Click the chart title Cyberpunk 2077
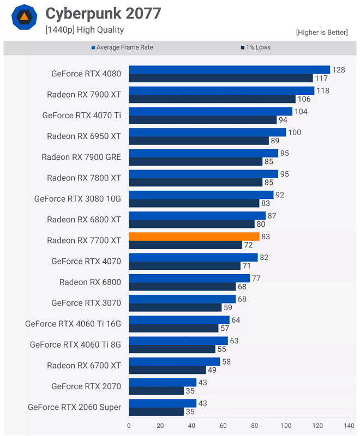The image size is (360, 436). (103, 14)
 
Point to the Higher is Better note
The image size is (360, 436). (321, 33)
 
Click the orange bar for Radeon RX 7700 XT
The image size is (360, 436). (194, 237)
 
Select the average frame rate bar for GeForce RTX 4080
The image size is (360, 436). (229, 70)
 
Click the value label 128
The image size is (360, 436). (339, 70)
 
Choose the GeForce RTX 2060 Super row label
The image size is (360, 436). (74, 407)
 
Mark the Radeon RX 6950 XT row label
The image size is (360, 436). (84, 136)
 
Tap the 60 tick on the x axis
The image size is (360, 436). (223, 426)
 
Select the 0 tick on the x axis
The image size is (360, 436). (129, 426)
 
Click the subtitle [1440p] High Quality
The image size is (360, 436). (85, 30)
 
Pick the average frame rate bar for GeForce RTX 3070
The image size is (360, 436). (182, 299)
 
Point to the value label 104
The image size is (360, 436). (301, 112)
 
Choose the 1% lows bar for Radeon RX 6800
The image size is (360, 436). (182, 286)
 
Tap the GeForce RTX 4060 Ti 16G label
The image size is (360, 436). (73, 324)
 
